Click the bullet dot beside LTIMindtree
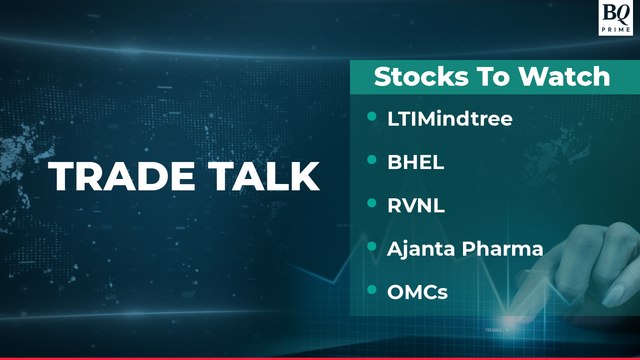tap(372, 118)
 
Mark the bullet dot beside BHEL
tap(372, 160)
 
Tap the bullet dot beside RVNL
tap(372, 203)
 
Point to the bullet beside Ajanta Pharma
tap(372, 246)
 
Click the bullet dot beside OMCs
tap(372, 290)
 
